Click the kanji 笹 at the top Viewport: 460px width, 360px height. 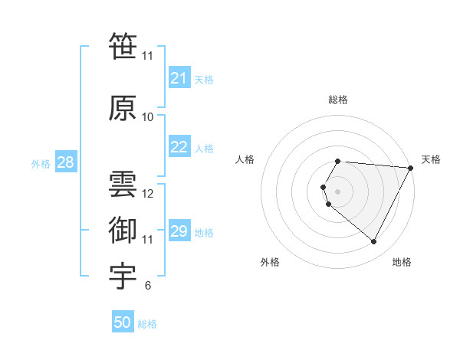[123, 46]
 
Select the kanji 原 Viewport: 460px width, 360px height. [123, 108]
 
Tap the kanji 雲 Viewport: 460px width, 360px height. [123, 184]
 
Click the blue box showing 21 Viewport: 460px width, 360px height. [179, 78]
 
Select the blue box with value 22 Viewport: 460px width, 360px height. [179, 147]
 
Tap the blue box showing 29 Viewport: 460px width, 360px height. [179, 231]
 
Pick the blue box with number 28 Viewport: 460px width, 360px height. [65, 162]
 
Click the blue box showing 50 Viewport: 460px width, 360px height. [123, 322]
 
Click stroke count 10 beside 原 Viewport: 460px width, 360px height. [148, 117]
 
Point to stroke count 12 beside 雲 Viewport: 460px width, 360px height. [148, 194]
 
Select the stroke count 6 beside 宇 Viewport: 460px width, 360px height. [148, 286]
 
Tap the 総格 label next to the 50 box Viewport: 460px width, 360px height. [147, 324]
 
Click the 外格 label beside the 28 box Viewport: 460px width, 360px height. [41, 164]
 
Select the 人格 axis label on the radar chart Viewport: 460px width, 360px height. [245, 159]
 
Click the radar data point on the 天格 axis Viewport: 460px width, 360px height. [410, 168]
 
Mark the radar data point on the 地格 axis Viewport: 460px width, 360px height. [374, 242]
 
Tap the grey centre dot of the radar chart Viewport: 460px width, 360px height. [338, 191]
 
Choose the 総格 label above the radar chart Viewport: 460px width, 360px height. [338, 100]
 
